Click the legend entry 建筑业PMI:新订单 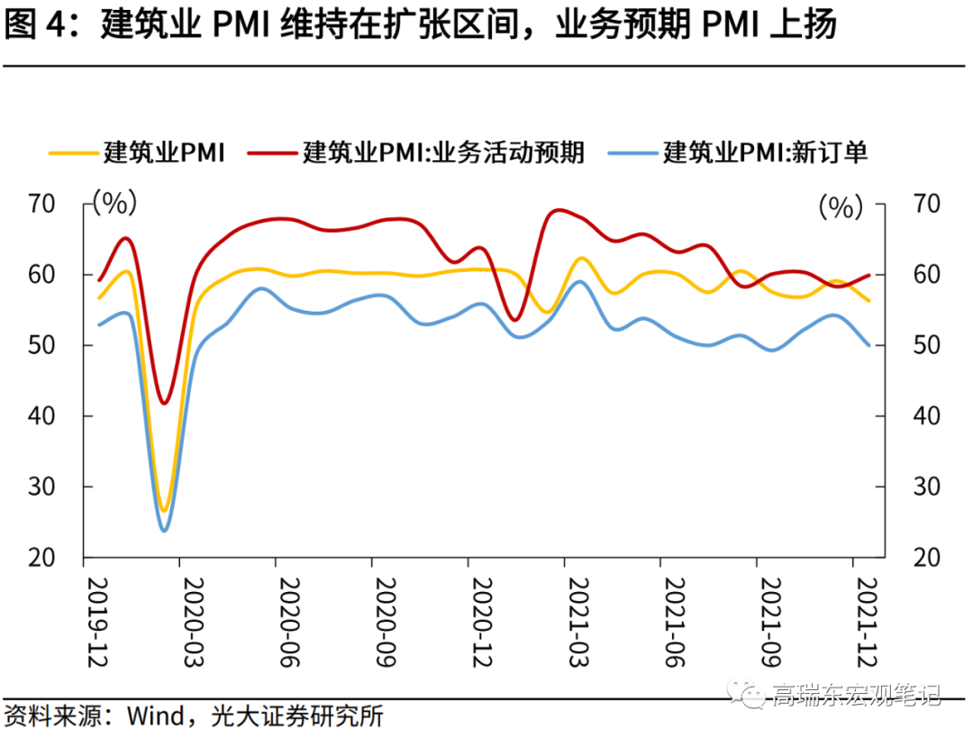coord(765,152)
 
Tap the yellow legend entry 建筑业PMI coord(163,152)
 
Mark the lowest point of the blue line coord(165,531)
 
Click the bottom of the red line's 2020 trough coord(164,403)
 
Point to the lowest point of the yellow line coord(164,510)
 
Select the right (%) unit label coord(841,207)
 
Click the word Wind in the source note coord(154,717)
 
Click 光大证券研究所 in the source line coord(297,717)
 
